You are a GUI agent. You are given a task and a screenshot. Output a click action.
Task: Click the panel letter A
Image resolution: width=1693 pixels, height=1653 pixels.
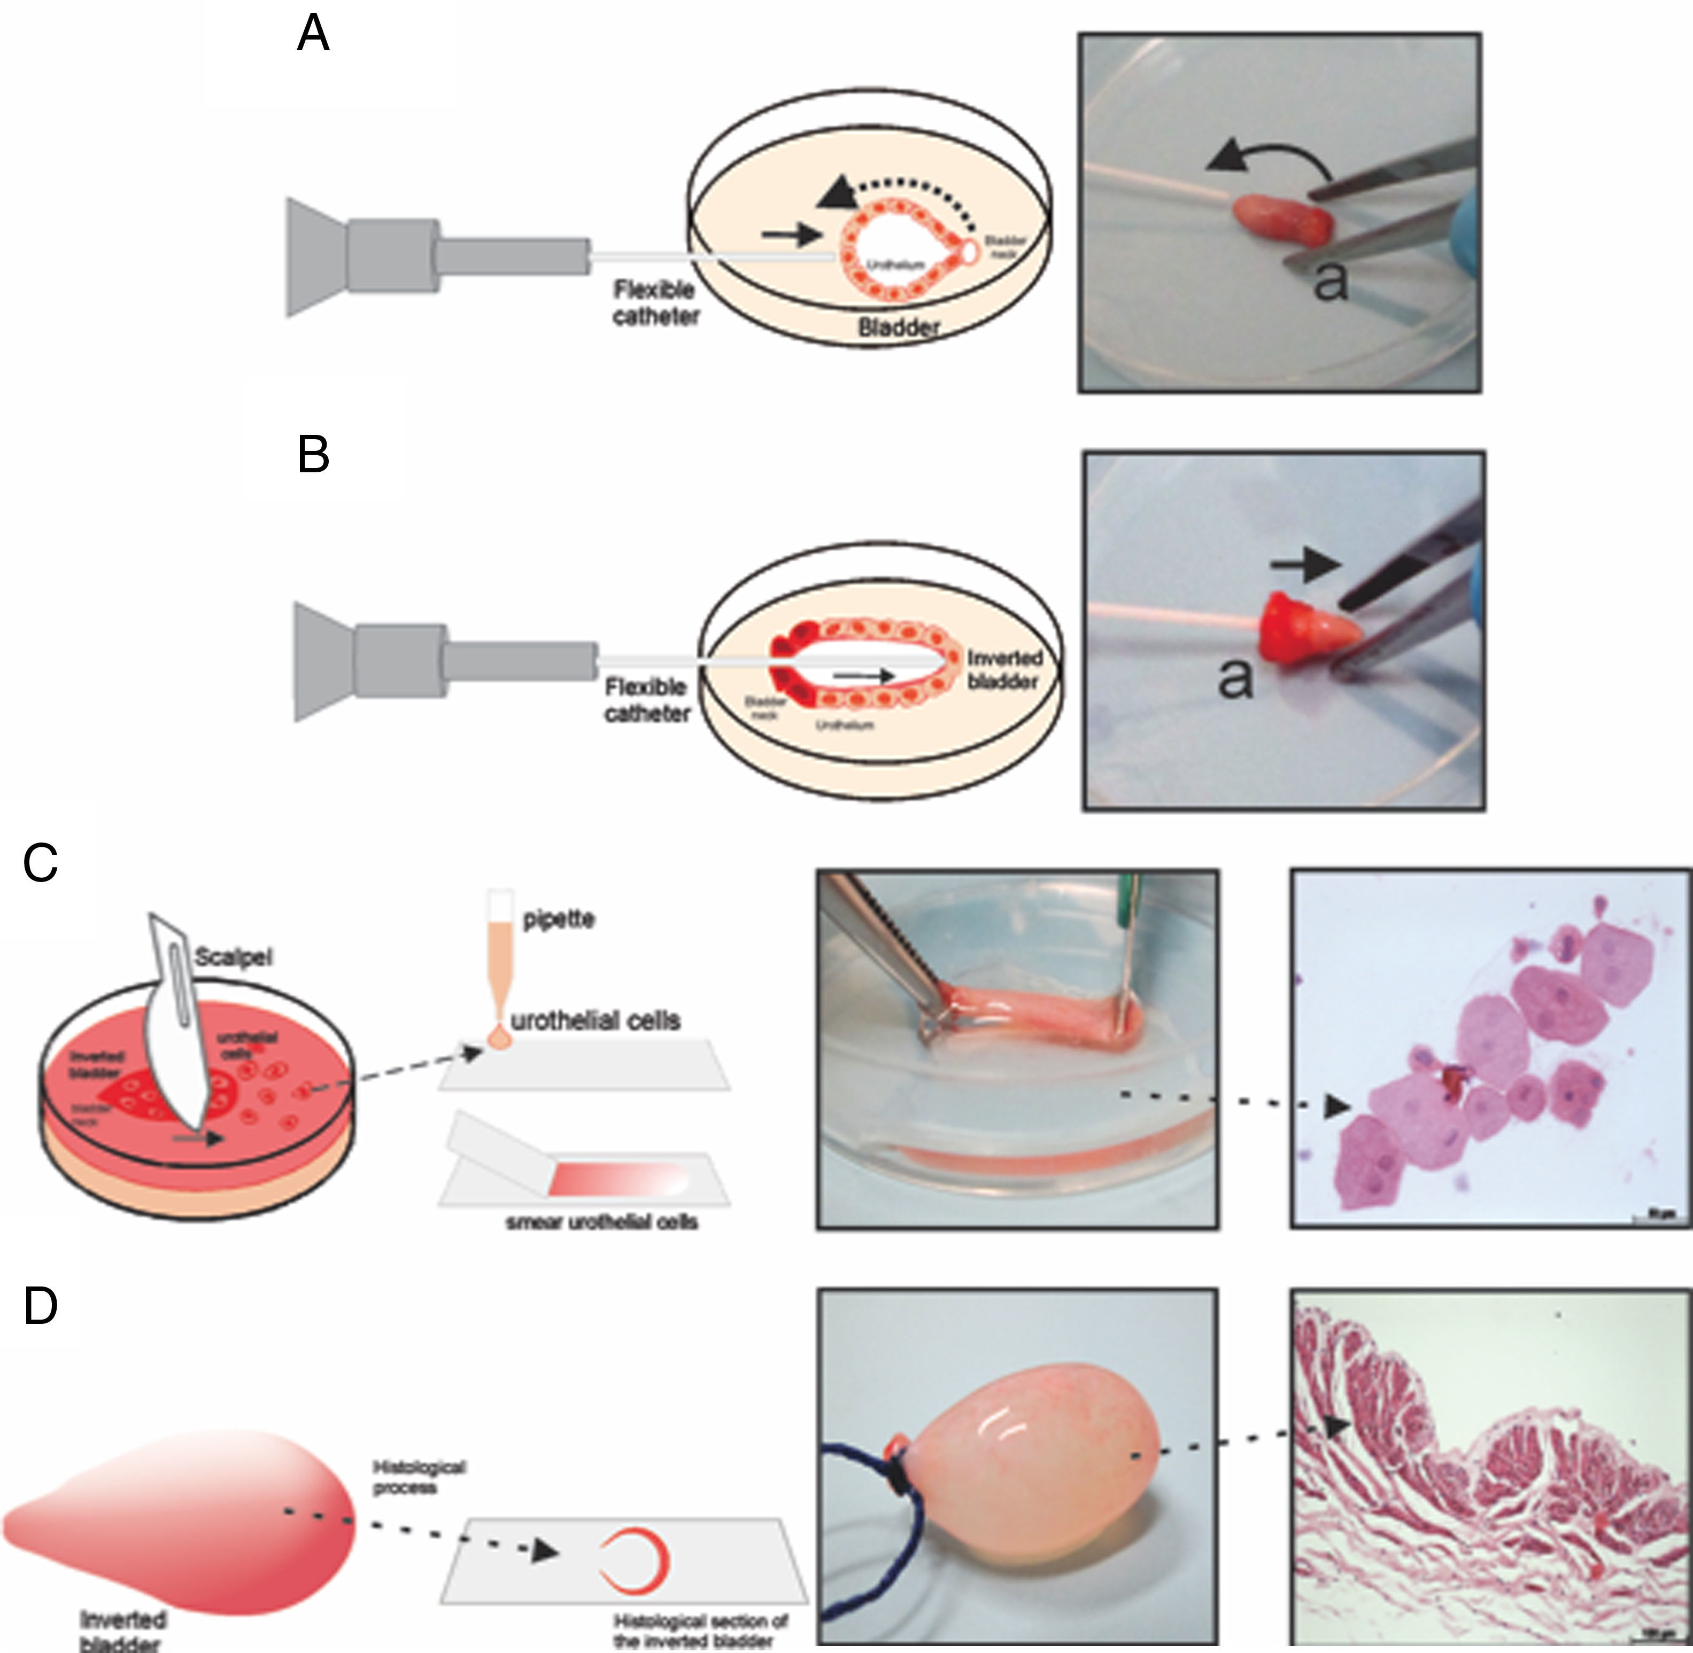coord(313,35)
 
